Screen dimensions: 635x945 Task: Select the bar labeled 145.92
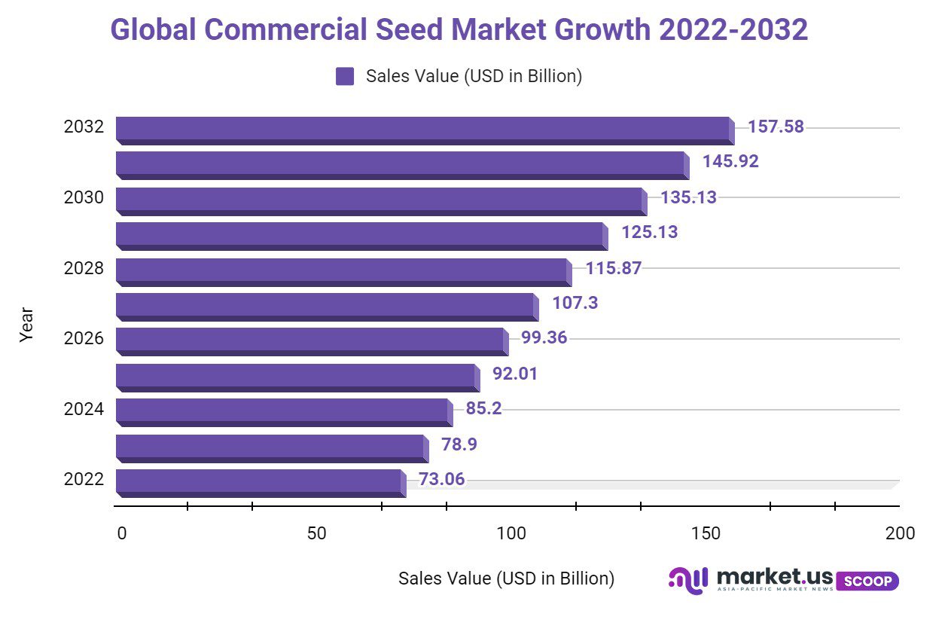(401, 165)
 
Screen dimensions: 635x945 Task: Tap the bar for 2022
(259, 482)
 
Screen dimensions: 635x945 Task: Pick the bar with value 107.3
(325, 307)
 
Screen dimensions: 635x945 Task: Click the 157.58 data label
(776, 127)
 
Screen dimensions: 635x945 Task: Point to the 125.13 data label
(649, 232)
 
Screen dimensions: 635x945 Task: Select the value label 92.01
(514, 374)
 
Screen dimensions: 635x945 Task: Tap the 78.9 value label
(459, 444)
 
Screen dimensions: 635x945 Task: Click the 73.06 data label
(441, 479)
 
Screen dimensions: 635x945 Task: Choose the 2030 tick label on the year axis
(84, 197)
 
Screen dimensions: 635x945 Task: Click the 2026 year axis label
(84, 339)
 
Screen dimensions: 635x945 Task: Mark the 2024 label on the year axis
(84, 410)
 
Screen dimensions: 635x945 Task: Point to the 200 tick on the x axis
(900, 534)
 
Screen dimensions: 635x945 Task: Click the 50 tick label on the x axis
(317, 534)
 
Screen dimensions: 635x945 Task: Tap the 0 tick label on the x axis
(122, 534)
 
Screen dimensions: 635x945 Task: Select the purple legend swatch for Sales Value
(345, 76)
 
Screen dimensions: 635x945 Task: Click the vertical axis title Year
(27, 325)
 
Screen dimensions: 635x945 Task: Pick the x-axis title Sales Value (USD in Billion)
(506, 579)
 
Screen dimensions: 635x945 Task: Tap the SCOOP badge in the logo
(867, 581)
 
